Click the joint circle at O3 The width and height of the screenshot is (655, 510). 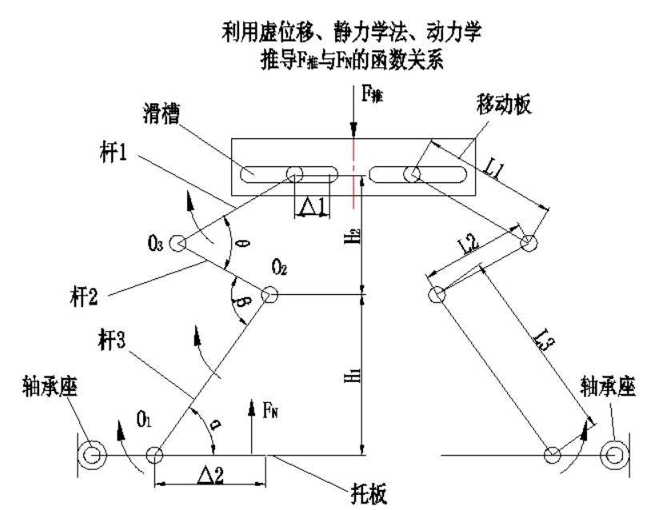(x=177, y=243)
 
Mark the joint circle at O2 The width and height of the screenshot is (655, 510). (x=270, y=295)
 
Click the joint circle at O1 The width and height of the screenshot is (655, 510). (x=154, y=456)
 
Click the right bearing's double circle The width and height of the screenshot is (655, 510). (x=614, y=455)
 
